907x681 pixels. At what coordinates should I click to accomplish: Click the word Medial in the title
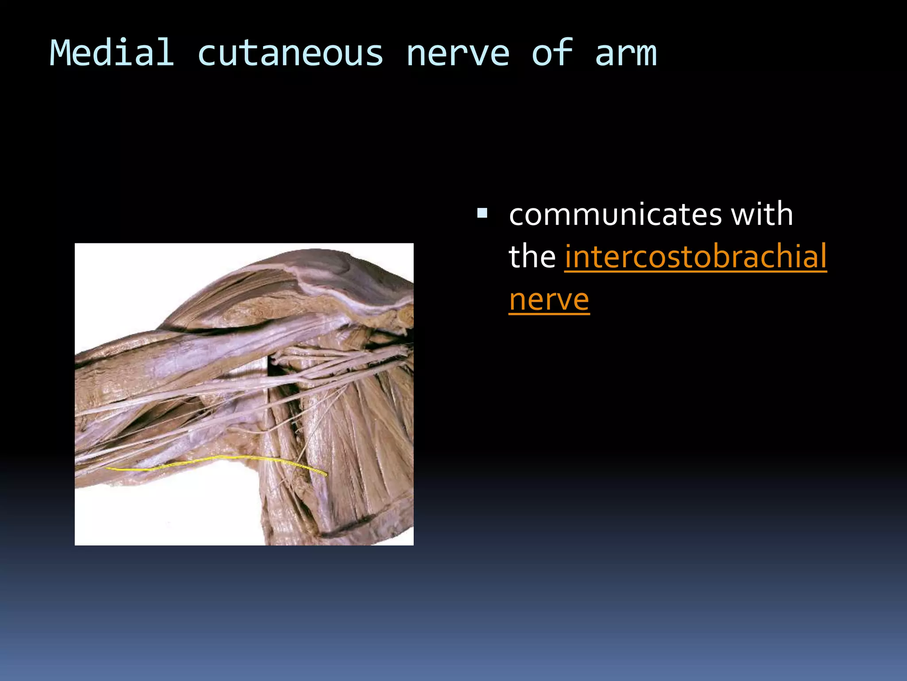[x=112, y=53]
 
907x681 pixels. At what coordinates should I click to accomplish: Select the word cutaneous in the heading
[x=290, y=53]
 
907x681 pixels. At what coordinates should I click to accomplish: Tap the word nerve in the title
[x=457, y=53]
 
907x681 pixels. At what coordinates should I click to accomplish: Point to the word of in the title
[x=552, y=53]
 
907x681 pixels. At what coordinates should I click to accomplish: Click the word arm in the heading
[x=625, y=53]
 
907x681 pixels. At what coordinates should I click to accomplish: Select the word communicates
[x=616, y=215]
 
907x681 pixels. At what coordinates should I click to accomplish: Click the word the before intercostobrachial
[x=532, y=257]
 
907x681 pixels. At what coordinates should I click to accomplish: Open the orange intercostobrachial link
[x=695, y=257]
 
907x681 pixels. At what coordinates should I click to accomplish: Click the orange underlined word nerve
[x=549, y=300]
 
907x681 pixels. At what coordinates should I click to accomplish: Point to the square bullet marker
[x=482, y=214]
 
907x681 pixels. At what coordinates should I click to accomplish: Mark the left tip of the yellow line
[x=107, y=468]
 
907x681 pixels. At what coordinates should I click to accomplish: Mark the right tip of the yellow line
[x=326, y=474]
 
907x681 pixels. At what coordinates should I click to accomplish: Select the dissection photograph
[x=244, y=394]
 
